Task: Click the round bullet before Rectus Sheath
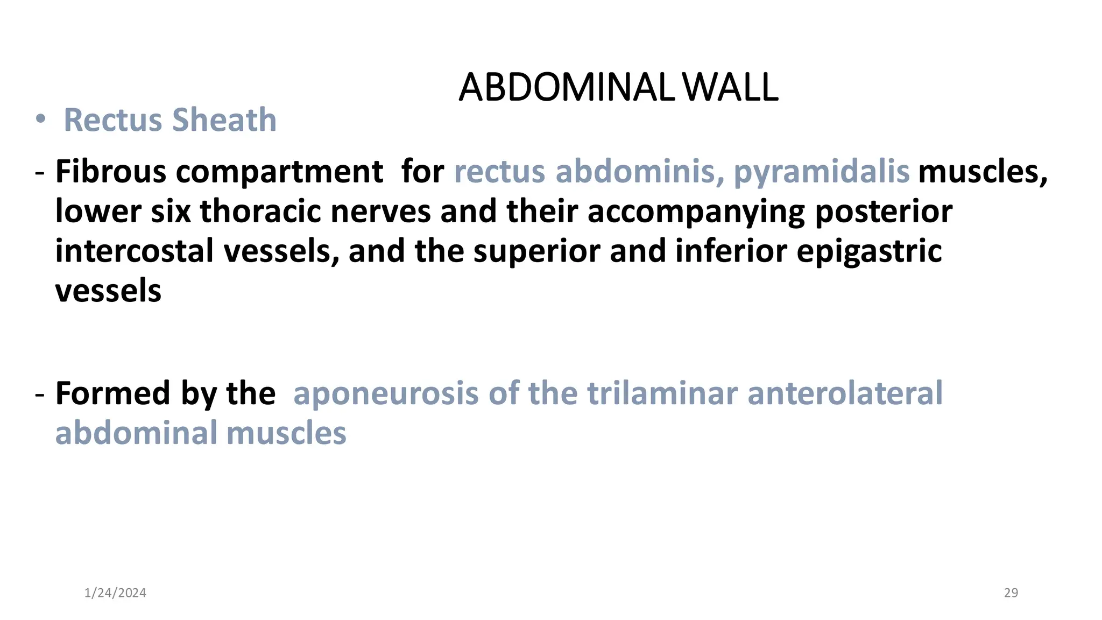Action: coord(41,119)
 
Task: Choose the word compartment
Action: coord(279,172)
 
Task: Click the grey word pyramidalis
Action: coord(821,172)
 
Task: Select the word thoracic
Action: coord(260,211)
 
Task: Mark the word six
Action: coord(171,211)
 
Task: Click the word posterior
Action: coord(884,211)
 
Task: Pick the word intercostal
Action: coord(135,251)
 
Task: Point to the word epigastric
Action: coord(869,251)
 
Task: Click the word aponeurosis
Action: coord(386,393)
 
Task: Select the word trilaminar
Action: coord(662,393)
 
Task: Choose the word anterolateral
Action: coord(845,393)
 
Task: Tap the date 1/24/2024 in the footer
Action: coord(115,593)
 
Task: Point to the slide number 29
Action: coord(1011,593)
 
